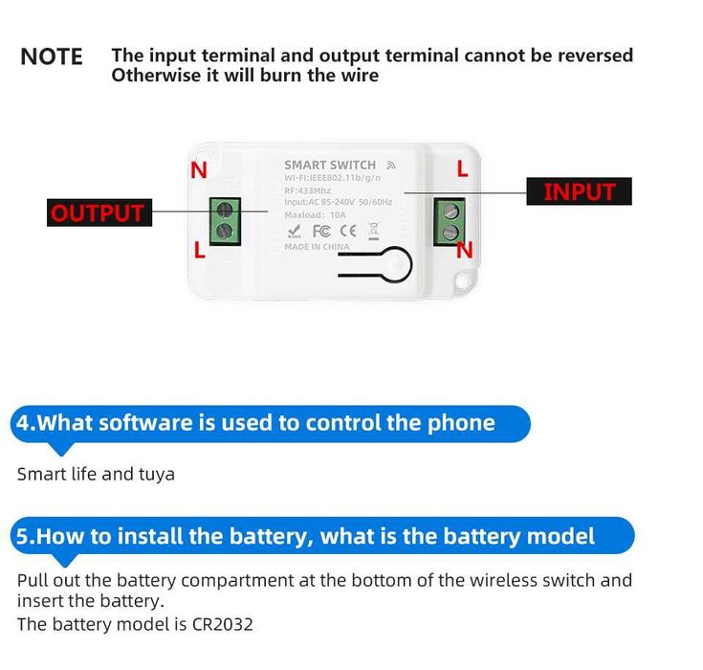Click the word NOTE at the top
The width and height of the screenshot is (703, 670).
click(x=52, y=56)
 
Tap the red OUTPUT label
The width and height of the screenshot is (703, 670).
click(x=99, y=212)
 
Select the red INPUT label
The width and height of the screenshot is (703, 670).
click(x=579, y=191)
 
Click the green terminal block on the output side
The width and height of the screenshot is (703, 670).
click(x=225, y=220)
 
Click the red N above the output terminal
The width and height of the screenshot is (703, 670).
click(x=199, y=170)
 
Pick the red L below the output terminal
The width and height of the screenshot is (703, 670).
click(x=199, y=251)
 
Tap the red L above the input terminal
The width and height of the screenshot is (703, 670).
click(x=462, y=169)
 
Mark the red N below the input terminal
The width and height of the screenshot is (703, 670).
click(x=465, y=250)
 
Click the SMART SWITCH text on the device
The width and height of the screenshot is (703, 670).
click(x=330, y=165)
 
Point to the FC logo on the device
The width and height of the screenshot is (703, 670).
click(x=321, y=231)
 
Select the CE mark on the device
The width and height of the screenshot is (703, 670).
click(x=348, y=231)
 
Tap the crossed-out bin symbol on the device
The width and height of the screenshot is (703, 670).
click(x=373, y=230)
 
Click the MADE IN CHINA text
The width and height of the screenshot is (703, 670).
click(x=317, y=247)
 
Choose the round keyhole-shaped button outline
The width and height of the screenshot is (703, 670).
click(x=393, y=264)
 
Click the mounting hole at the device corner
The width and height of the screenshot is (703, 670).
click(x=466, y=281)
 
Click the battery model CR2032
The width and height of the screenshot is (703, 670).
click(x=221, y=625)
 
